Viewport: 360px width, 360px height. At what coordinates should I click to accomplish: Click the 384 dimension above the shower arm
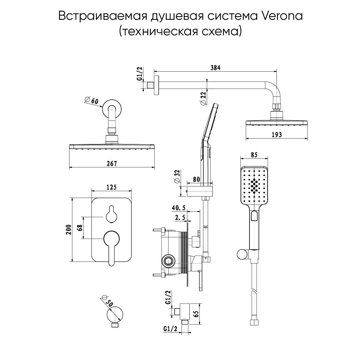click(x=216, y=67)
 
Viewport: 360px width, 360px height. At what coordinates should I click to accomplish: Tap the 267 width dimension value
click(x=112, y=163)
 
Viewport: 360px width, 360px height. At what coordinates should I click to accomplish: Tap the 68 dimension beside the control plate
click(x=80, y=228)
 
